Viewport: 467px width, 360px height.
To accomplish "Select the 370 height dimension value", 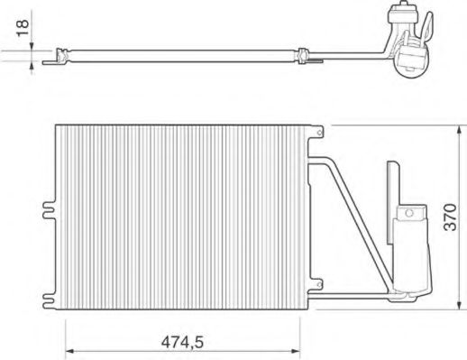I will click(x=453, y=217).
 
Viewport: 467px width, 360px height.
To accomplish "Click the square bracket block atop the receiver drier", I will click(x=411, y=213).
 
